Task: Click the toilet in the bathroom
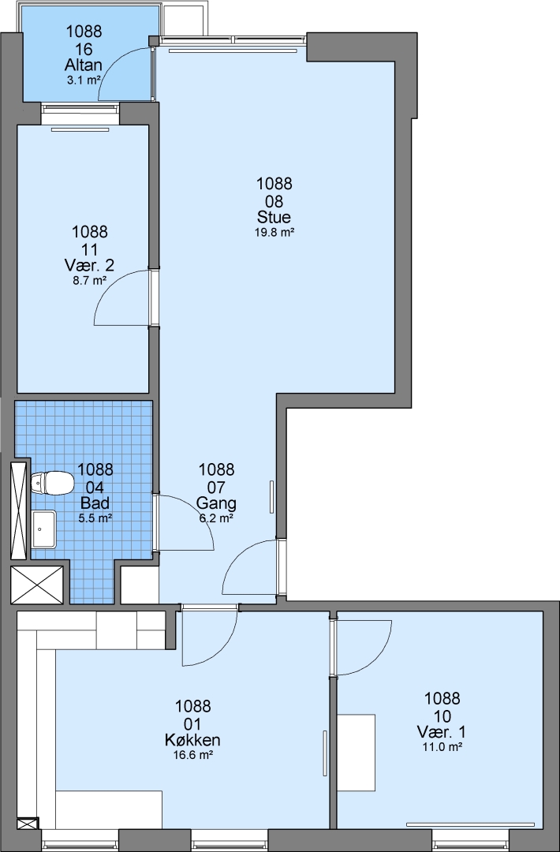[52, 483]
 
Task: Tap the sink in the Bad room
[43, 529]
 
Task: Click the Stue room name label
[274, 218]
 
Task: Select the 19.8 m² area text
[274, 233]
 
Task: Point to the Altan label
[83, 65]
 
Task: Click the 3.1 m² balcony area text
[83, 80]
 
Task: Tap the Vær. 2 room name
[90, 266]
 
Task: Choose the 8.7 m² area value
[90, 281]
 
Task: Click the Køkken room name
[192, 740]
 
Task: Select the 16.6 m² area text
[192, 755]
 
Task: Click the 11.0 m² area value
[442, 746]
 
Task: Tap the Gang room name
[216, 503]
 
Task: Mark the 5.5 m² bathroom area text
[95, 518]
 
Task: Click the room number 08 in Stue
[274, 201]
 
